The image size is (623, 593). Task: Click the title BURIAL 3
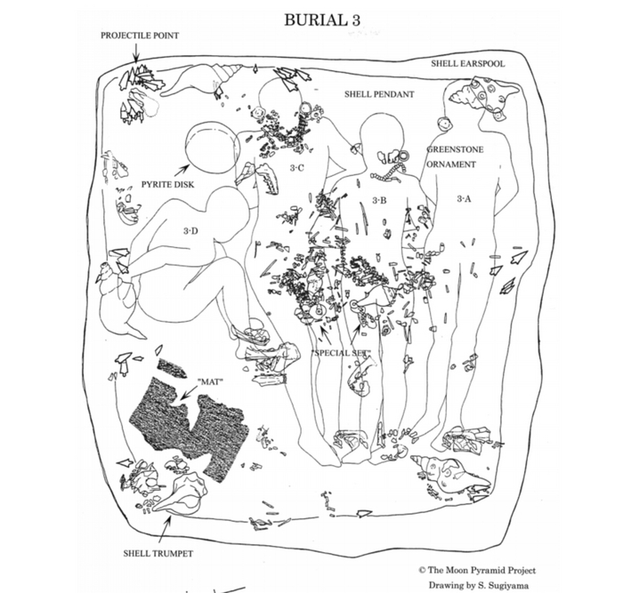pos(322,20)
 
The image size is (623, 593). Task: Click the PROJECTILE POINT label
pos(140,36)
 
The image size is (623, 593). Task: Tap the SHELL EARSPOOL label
pos(467,64)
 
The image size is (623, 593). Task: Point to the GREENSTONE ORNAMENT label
pos(455,156)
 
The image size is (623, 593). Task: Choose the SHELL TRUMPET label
pos(158,553)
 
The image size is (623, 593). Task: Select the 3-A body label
pos(464,199)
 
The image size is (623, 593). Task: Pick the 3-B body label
pos(377,200)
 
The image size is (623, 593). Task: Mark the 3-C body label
pos(297,168)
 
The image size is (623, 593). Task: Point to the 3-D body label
pos(191,230)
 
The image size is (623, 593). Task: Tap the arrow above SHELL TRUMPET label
pos(165,526)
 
